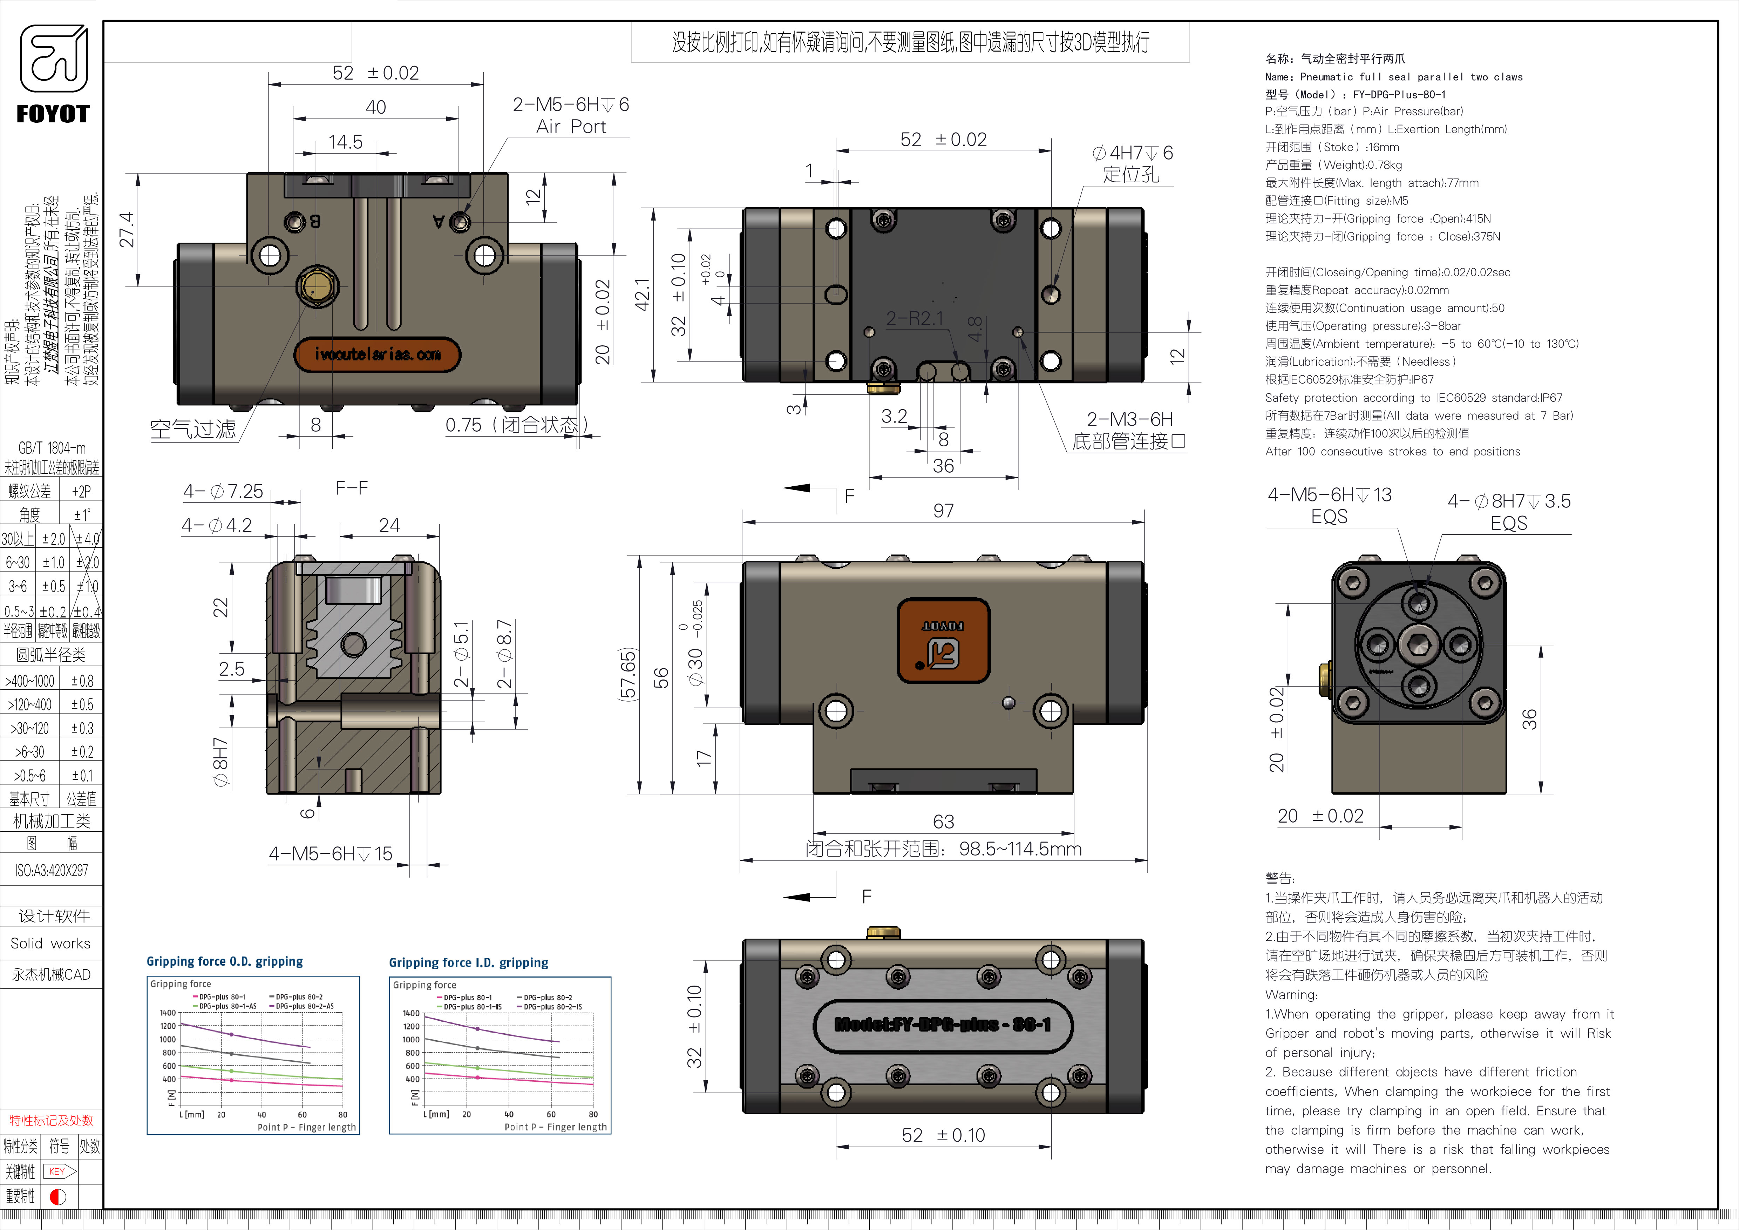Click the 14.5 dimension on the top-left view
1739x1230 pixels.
click(x=345, y=142)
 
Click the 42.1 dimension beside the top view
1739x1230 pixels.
click(x=642, y=294)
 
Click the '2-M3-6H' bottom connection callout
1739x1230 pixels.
click(x=1129, y=430)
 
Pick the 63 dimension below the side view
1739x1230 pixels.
click(x=943, y=822)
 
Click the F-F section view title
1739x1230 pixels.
click(x=352, y=488)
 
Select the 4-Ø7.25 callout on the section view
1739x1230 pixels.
click(x=223, y=492)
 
